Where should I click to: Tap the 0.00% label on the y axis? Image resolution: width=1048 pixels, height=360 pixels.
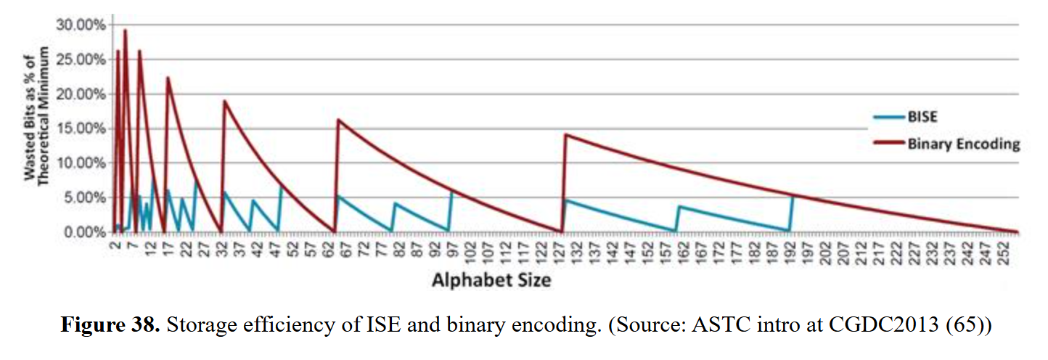[x=83, y=232]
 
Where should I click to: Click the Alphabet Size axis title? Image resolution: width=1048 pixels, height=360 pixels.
[x=491, y=279]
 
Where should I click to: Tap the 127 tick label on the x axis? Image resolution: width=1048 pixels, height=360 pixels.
[x=560, y=250]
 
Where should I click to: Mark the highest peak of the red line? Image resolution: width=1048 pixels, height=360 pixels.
[x=125, y=30]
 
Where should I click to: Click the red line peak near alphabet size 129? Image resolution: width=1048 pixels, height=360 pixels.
[x=565, y=134]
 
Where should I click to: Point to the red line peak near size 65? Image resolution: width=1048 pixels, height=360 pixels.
[x=338, y=120]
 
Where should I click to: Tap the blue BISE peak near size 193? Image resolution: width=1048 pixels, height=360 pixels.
[x=793, y=197]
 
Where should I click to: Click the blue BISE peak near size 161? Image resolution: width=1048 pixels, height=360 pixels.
[x=679, y=207]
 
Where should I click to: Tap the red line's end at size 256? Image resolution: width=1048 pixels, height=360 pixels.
[x=1018, y=232]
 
